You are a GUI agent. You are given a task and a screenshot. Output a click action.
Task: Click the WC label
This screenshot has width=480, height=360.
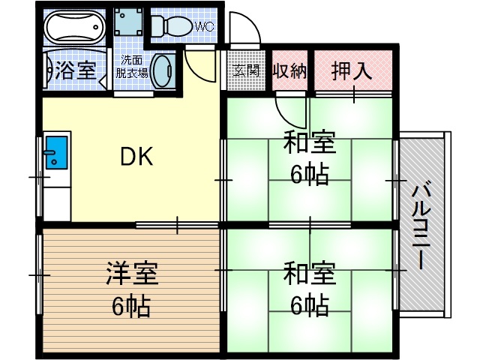click(205, 26)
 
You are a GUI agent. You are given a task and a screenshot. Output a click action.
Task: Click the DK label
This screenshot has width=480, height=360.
click(136, 157)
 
